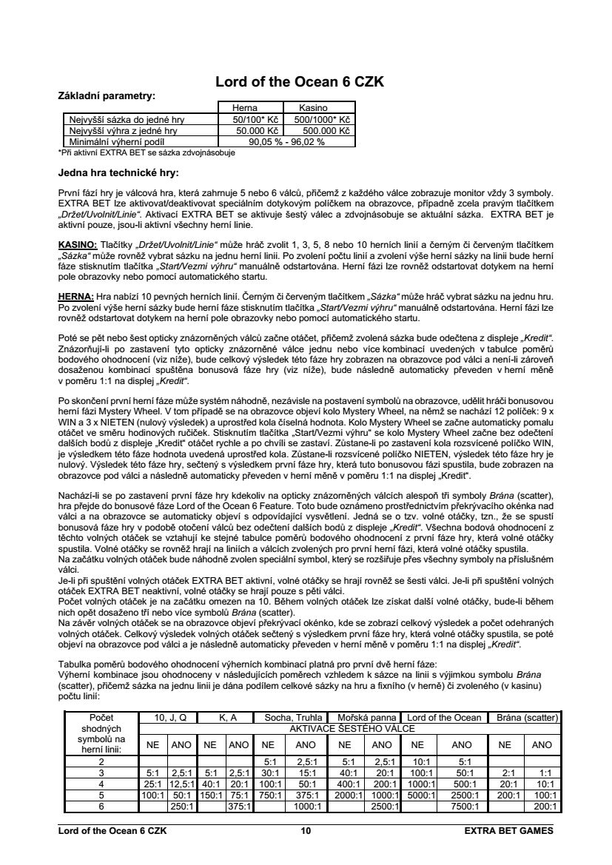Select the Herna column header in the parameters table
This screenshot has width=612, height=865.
coord(245,107)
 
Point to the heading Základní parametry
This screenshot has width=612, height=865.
coord(107,95)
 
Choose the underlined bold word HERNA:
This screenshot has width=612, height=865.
coord(75,294)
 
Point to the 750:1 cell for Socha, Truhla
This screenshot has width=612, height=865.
coord(269,795)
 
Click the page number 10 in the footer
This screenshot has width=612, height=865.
coord(306,830)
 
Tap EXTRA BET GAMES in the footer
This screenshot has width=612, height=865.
coord(508,830)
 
